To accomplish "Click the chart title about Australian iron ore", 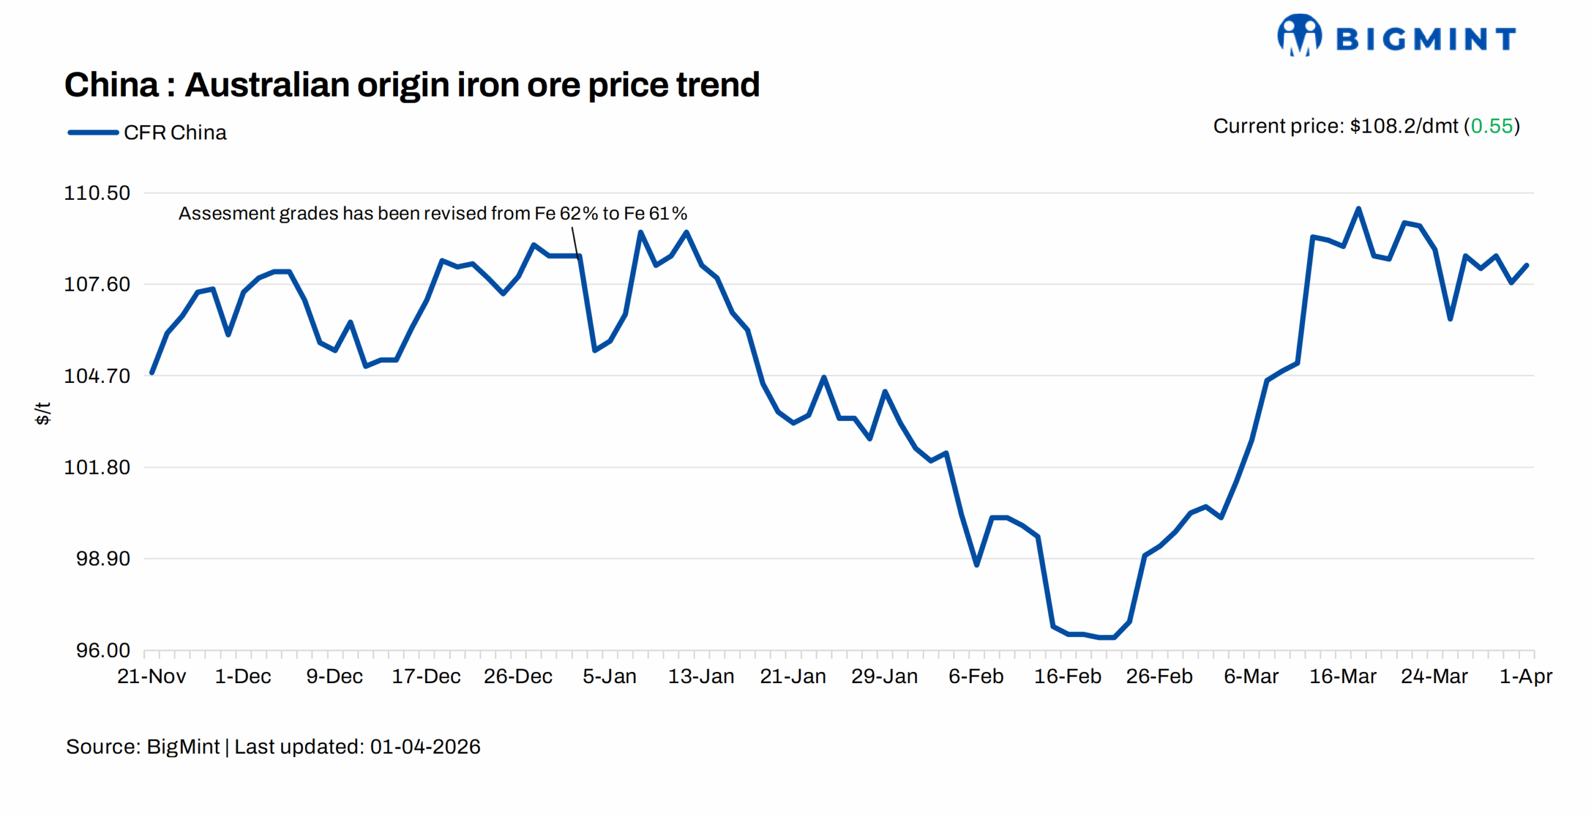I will tap(412, 85).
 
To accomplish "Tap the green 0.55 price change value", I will tap(1491, 126).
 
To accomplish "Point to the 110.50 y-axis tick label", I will tap(97, 193).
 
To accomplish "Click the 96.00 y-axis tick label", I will tap(103, 650).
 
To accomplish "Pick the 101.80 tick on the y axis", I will tap(97, 467).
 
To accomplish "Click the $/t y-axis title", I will tap(42, 413).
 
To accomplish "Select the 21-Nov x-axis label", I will tap(151, 676).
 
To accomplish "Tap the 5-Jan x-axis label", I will tap(609, 676).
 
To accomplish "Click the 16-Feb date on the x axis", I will tap(1067, 676).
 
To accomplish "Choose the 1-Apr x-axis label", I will tap(1526, 676).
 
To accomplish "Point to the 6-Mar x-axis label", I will tap(1250, 676).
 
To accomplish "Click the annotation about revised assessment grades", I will tap(433, 214).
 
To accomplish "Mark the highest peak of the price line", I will tap(1358, 209).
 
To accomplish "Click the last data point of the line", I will tap(1527, 265).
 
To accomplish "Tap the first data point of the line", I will tap(152, 373).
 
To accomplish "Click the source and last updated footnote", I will tap(273, 747).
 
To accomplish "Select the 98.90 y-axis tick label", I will tap(103, 559).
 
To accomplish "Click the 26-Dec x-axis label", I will tap(517, 676).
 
